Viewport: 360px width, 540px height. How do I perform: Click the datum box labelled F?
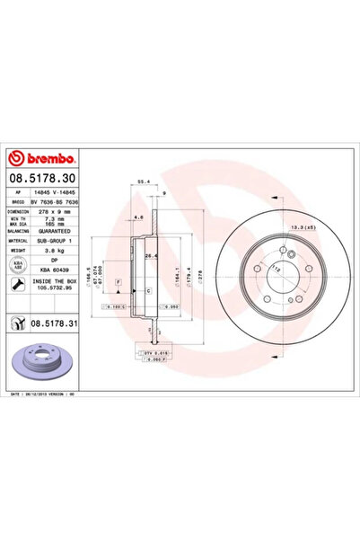pyautogui.click(x=118, y=282)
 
